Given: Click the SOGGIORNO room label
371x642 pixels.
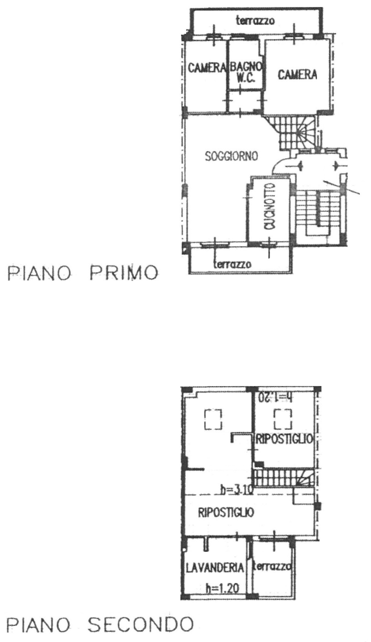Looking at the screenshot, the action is coord(231,156).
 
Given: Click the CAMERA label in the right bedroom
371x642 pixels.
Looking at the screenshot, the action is coord(297,74).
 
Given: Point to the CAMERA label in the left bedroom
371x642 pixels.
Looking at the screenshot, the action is coord(207,67).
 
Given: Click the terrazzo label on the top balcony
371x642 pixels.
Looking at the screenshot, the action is coord(255,21).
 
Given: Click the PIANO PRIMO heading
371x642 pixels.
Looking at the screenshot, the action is coord(83,274).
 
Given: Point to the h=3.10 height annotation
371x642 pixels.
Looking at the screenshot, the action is coord(237,490).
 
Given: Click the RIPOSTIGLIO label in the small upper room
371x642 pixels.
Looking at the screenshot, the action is coord(284,439).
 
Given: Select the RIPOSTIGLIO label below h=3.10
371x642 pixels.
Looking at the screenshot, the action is coord(226,512).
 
